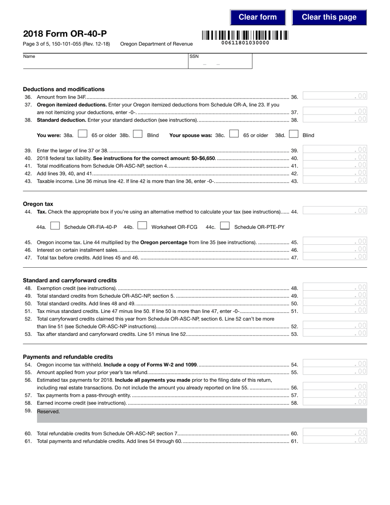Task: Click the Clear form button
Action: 258,17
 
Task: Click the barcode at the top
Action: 245,35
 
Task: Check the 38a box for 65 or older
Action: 83,134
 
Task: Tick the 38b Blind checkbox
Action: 138,134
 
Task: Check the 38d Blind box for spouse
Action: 294,134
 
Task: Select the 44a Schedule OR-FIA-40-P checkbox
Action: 55,226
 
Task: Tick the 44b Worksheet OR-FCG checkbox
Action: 142,226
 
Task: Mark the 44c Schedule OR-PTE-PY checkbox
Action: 225,226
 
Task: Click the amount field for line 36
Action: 335,96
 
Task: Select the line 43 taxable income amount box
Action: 335,180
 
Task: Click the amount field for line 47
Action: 335,257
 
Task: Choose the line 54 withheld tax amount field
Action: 335,364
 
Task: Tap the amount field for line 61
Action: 335,441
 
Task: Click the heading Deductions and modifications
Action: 64,89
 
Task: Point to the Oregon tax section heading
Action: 38,204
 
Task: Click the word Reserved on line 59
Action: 48,412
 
